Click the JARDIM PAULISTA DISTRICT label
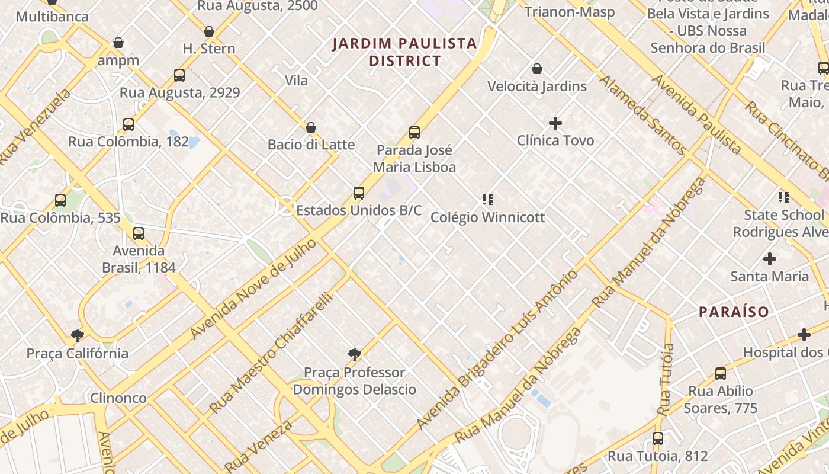click(404, 52)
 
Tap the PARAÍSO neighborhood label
click(734, 312)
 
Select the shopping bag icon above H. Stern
click(209, 31)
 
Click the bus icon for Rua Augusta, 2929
click(179, 75)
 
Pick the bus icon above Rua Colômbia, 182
click(128, 124)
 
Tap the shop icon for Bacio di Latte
click(311, 127)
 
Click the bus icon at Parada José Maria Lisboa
click(415, 133)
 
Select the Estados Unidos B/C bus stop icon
click(359, 193)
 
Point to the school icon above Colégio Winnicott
click(487, 200)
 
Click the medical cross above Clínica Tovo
click(555, 123)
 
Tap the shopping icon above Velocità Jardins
click(537, 69)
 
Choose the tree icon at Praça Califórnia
click(78, 336)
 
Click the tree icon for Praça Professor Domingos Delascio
click(355, 355)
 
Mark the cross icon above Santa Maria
click(770, 259)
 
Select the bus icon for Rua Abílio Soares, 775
click(721, 374)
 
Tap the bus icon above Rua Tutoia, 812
click(658, 439)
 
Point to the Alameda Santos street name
click(643, 115)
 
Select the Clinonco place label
click(118, 398)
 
